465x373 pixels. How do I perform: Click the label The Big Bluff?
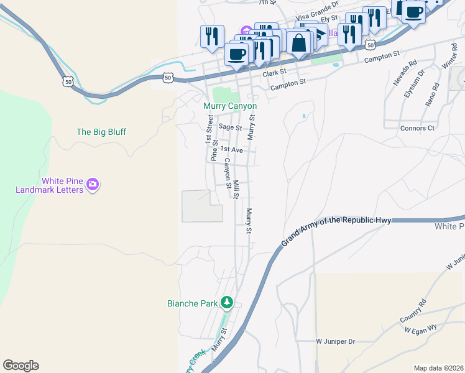[x=101, y=132]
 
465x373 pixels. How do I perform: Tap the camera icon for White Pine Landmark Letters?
[x=93, y=184]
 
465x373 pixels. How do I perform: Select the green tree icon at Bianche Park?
[x=228, y=303]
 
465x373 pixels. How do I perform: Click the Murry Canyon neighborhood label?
[x=230, y=106]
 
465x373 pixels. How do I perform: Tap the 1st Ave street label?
[x=231, y=150]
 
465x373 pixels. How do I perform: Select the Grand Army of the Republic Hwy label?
[x=336, y=229]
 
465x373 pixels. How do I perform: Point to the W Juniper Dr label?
[x=334, y=341]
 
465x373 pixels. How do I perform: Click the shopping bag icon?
[x=299, y=43]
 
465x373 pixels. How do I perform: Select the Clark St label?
[x=274, y=73]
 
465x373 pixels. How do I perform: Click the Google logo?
[x=21, y=366]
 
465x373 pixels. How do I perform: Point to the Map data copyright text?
[x=438, y=368]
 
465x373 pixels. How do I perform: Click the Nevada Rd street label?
[x=404, y=75]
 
